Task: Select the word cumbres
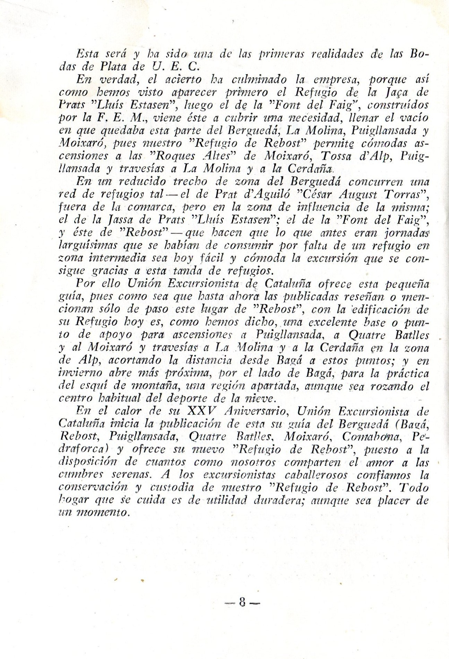76,476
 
